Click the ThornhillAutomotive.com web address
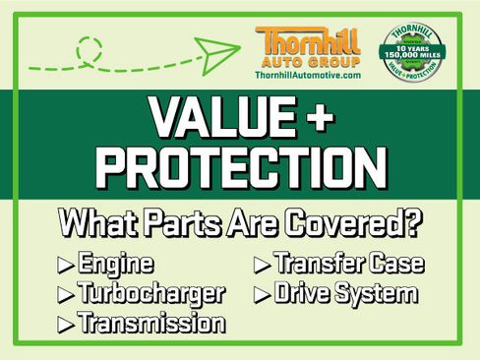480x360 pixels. tap(307, 75)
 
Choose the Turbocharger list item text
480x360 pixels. tap(151, 293)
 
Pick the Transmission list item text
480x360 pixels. tap(150, 322)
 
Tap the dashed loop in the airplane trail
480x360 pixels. tap(90, 47)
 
